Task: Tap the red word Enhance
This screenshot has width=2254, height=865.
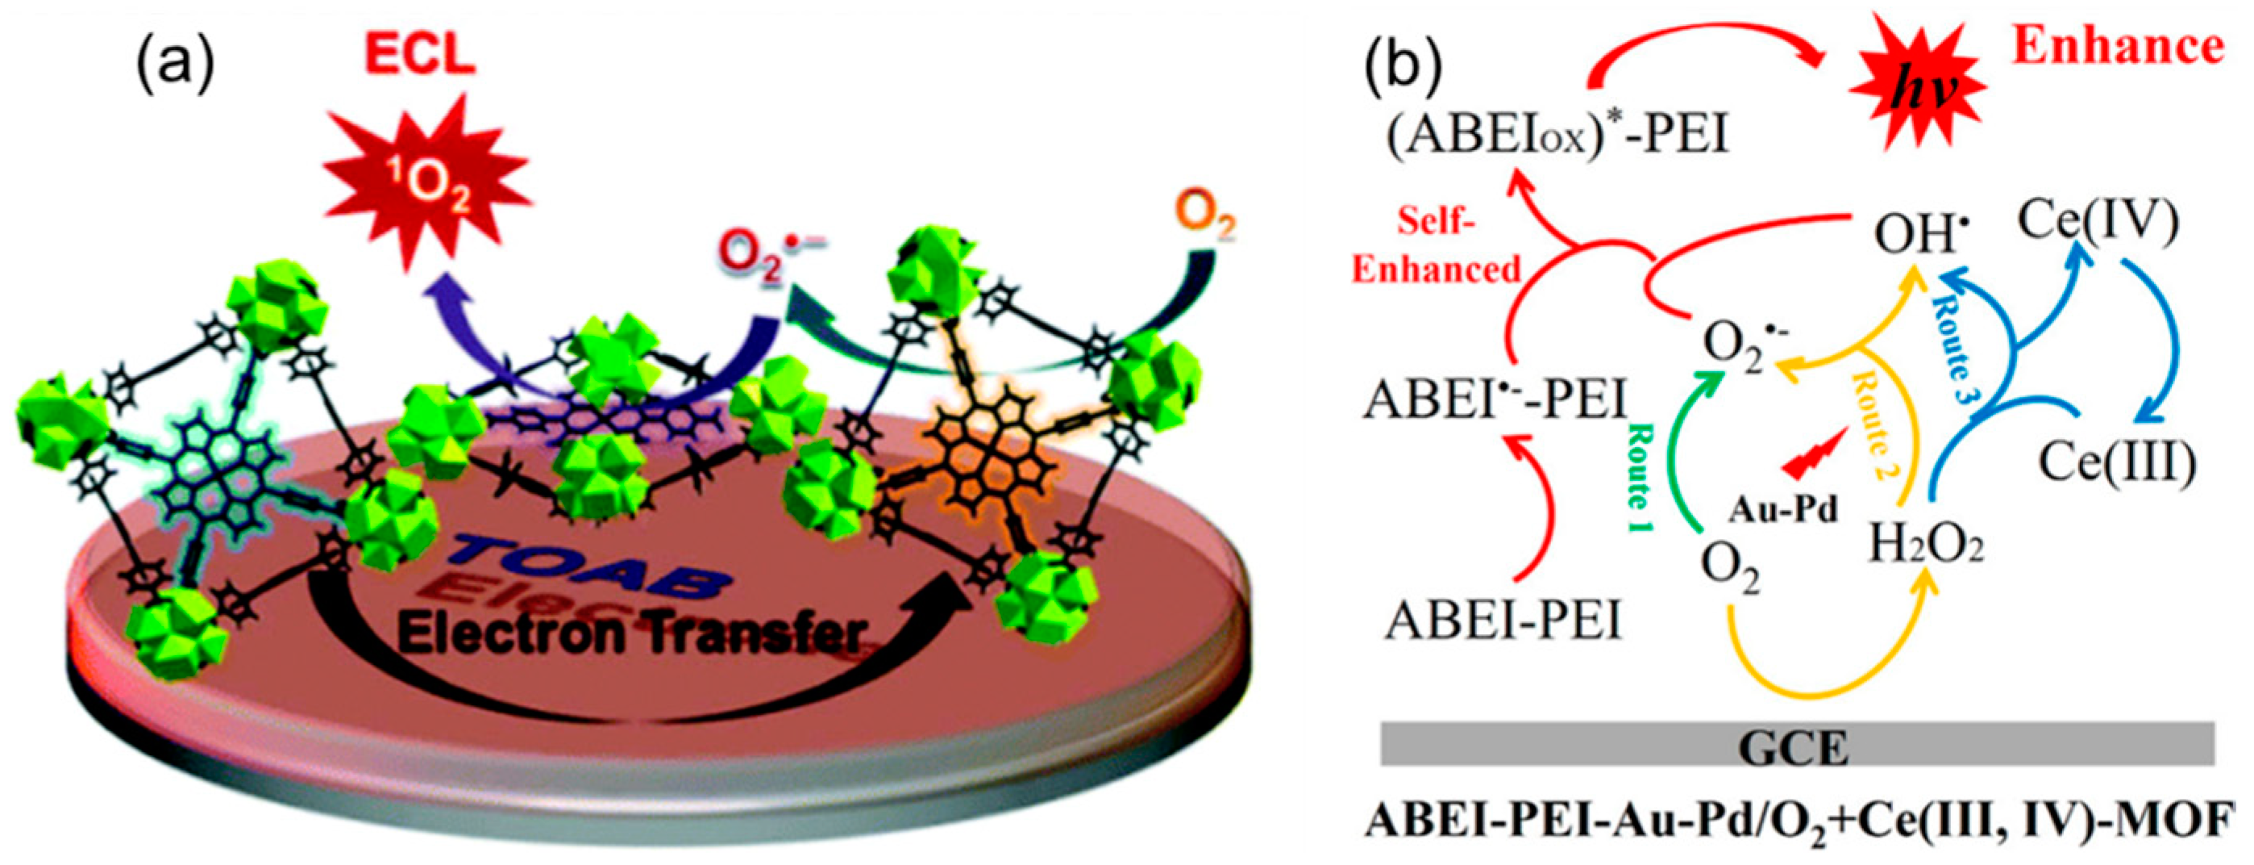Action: [x=2118, y=45]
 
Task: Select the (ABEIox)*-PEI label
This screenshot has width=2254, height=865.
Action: [x=1557, y=138]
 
